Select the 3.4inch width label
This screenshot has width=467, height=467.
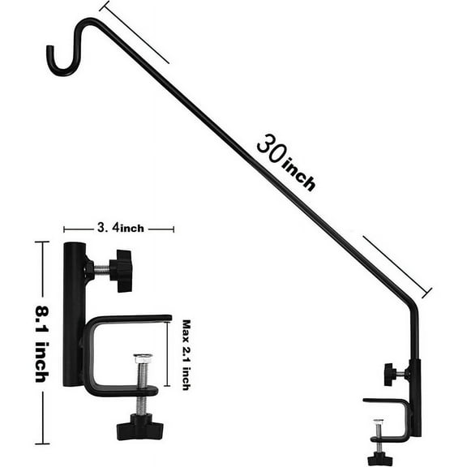[118, 229]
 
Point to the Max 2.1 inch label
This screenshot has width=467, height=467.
[186, 353]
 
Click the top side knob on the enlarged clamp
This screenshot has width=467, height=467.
[122, 271]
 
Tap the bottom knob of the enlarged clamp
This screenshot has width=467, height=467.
[139, 426]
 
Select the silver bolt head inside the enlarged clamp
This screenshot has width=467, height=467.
[143, 358]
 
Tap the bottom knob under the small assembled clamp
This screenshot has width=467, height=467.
[379, 459]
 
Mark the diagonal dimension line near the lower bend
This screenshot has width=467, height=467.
[397, 266]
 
